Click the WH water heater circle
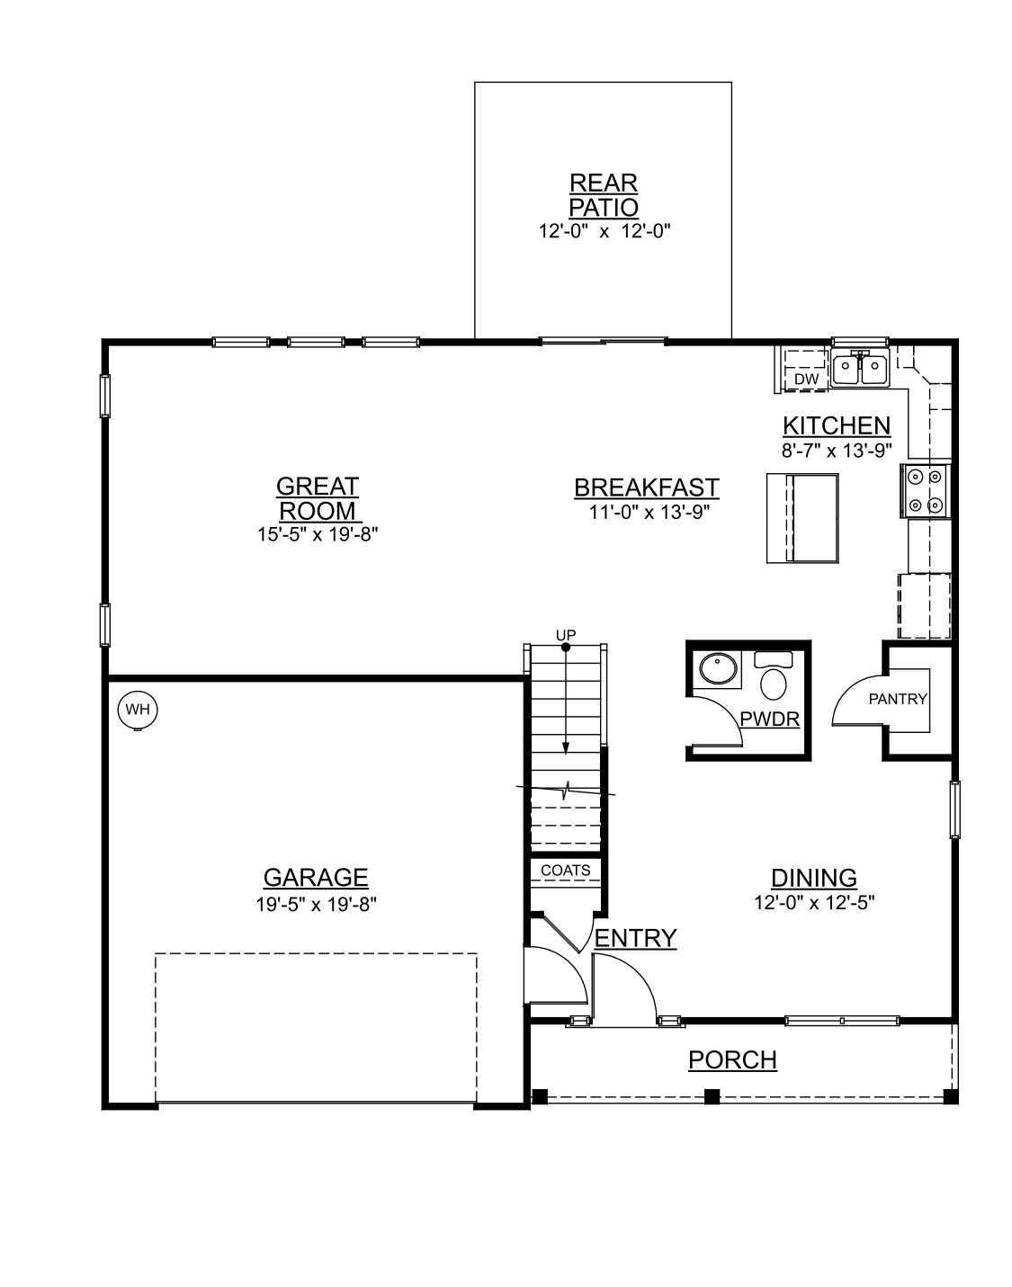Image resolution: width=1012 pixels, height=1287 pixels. point(138,710)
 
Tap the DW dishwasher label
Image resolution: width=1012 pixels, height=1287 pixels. point(806,380)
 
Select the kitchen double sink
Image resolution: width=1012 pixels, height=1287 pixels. point(861,368)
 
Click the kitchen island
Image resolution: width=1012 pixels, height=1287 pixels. point(802,518)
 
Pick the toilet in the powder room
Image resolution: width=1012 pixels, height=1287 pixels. point(773,679)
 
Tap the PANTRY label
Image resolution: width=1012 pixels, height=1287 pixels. point(897,699)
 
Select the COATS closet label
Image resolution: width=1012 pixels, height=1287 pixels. point(566,871)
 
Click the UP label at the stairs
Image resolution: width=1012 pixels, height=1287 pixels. point(565,634)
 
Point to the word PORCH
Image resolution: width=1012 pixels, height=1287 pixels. point(732,1060)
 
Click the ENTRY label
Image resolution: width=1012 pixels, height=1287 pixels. point(635,938)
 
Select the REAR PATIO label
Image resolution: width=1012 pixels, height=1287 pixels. point(604,195)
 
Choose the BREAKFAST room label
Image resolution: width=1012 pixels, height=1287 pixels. point(646,487)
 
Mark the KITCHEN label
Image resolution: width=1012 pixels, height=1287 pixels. point(836,425)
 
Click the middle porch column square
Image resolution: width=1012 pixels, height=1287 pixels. point(712,1096)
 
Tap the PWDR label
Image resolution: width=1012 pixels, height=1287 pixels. point(769,719)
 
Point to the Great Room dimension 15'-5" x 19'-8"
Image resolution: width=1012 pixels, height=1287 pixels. point(317,534)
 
